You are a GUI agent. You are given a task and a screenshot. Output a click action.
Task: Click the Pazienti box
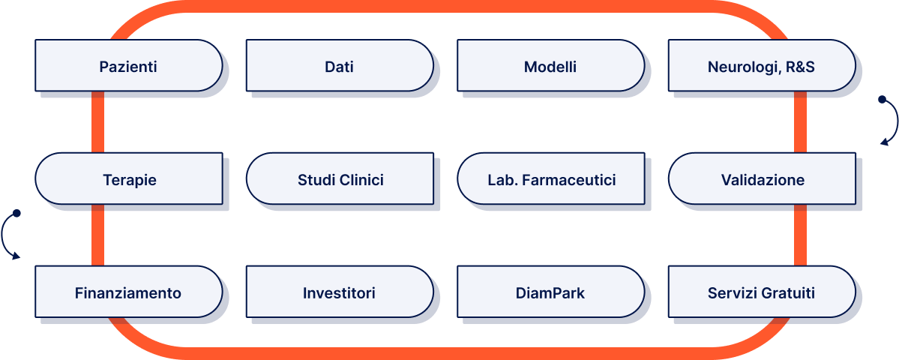pos(128,66)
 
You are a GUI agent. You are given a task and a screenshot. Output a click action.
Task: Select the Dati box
pos(339,66)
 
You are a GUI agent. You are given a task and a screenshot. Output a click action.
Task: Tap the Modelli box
pos(550,66)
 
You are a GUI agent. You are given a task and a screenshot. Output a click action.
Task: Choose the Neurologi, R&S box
pos(761,66)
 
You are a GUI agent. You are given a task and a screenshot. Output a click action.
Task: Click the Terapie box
pos(129,179)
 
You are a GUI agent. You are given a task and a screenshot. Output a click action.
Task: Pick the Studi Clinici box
pos(340,179)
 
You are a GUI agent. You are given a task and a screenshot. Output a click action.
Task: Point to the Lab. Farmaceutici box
pos(550,179)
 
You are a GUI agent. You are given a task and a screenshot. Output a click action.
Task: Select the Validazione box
pos(762,179)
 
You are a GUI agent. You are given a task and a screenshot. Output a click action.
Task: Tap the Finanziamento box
pos(128,292)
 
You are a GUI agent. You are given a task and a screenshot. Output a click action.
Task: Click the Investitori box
pos(339,292)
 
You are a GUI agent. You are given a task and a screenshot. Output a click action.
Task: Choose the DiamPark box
pos(550,292)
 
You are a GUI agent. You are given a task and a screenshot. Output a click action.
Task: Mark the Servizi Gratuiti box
pos(761,292)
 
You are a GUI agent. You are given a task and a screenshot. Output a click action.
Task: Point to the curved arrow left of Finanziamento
pos(10,235)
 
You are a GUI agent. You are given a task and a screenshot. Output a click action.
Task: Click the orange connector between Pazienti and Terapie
pos(97,122)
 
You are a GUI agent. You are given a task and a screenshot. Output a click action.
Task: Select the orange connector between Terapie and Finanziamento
pos(97,235)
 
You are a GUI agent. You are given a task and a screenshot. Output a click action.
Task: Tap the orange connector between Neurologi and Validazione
pos(800,122)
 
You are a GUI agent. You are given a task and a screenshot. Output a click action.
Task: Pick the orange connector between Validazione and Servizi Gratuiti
pos(800,235)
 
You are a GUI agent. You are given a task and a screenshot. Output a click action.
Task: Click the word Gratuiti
pos(787,292)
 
